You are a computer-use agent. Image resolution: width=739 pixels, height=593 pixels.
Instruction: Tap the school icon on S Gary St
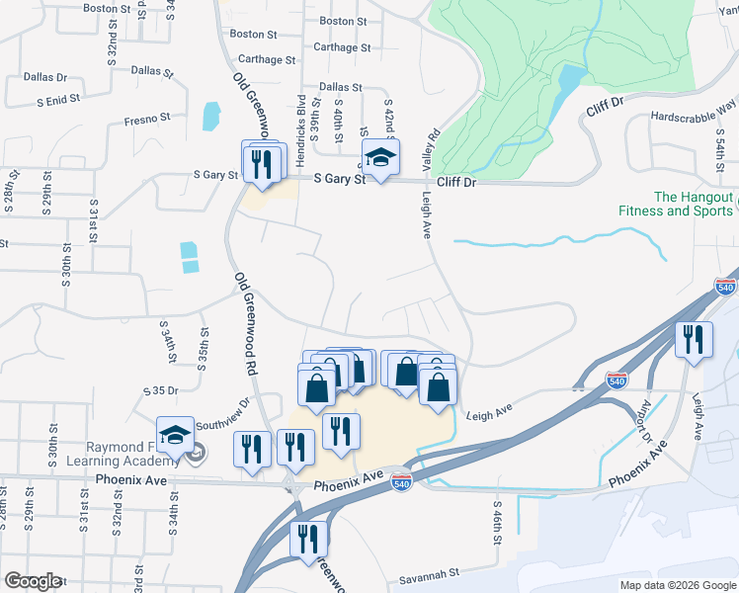[380, 157]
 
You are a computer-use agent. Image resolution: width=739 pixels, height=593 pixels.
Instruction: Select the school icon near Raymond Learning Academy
[175, 437]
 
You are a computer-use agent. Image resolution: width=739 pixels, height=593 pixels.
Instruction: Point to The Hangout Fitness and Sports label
[677, 205]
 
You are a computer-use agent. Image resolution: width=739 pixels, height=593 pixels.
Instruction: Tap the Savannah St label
[430, 572]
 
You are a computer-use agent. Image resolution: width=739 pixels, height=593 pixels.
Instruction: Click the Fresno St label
[148, 118]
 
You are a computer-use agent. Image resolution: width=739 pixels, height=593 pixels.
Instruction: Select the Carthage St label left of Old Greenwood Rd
[262, 59]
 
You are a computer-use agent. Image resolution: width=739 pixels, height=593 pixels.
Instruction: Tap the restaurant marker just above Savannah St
[307, 539]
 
